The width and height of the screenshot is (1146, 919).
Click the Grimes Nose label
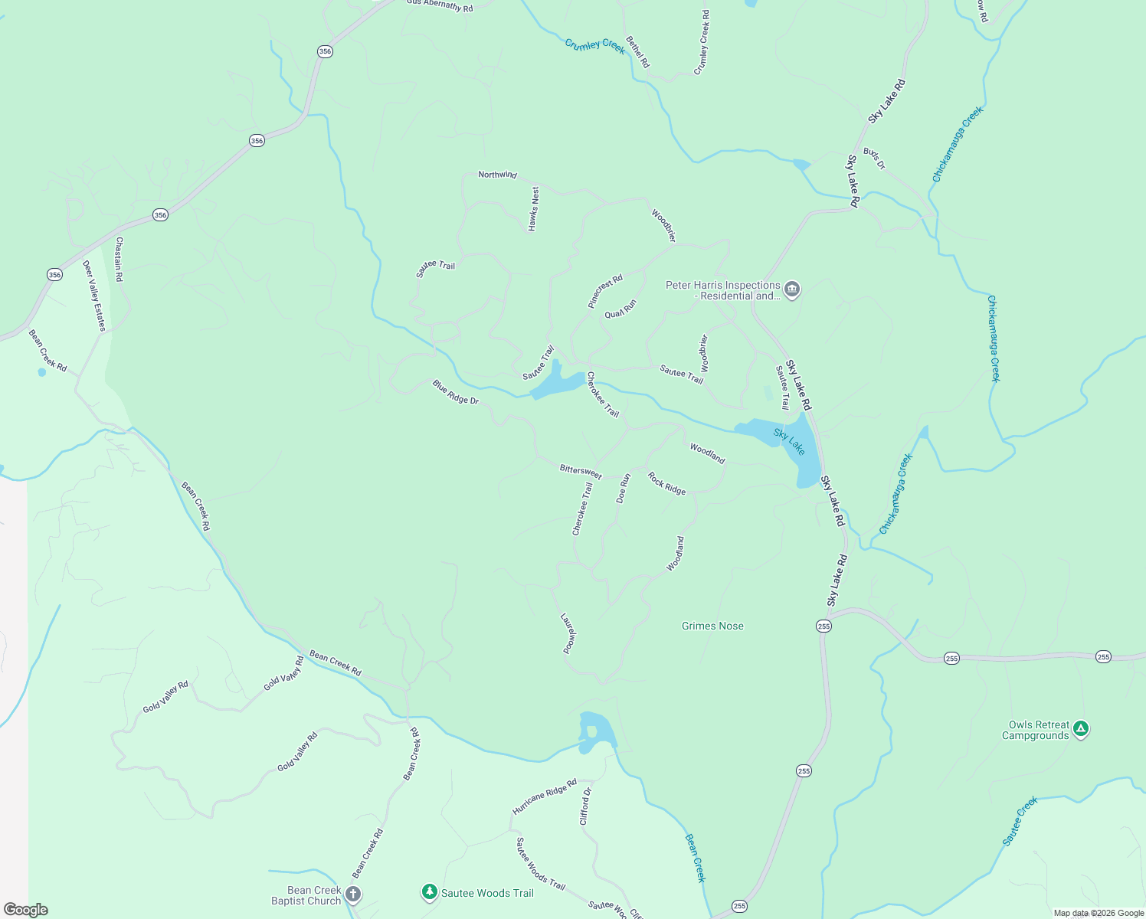[712, 626]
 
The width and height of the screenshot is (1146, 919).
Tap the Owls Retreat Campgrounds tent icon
[1080, 729]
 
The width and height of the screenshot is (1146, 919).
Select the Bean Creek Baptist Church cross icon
[352, 894]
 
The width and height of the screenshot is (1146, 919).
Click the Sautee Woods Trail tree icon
[430, 892]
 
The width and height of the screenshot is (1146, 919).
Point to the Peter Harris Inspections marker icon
[792, 289]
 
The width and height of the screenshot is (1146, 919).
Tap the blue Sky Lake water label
[789, 442]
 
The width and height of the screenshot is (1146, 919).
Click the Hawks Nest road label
[534, 208]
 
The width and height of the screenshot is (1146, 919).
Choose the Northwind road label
[497, 175]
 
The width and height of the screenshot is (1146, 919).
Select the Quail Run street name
[620, 309]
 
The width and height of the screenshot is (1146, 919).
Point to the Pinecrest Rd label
[605, 291]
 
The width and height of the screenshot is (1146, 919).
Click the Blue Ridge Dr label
[455, 391]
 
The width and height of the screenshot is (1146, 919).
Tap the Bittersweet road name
[581, 471]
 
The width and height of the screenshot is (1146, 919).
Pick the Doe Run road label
[624, 488]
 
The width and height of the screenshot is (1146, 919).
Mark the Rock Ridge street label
[666, 483]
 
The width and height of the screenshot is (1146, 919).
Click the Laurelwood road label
[568, 633]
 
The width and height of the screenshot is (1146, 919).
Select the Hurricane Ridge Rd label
[544, 797]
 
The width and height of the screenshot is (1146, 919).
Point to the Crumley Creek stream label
[594, 44]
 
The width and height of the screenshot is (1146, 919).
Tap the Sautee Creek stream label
[1020, 821]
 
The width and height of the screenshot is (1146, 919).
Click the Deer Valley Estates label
[94, 296]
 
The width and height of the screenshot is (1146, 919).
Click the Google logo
[26, 910]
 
